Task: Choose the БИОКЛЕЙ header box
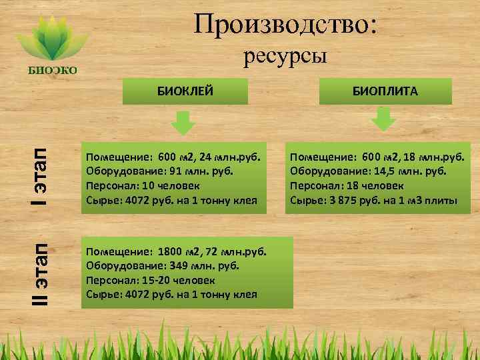[x=185, y=91]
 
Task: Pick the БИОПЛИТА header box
[x=385, y=91]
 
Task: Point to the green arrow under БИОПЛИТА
[x=383, y=120]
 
